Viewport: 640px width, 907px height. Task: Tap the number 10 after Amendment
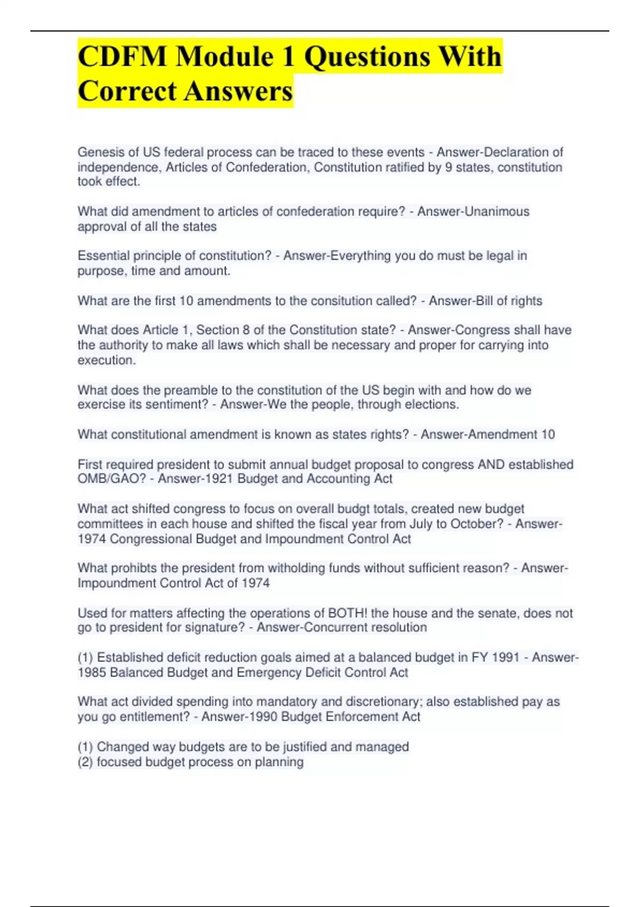548,435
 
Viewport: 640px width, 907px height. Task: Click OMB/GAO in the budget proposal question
111,479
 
